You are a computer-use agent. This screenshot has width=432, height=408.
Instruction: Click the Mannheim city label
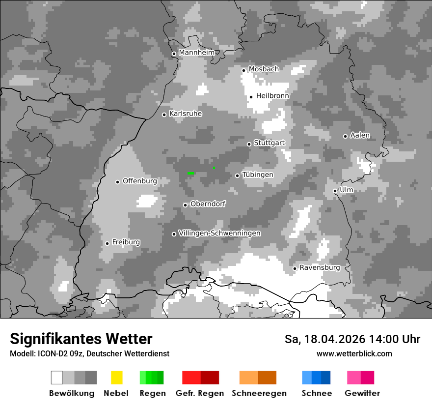click(197, 53)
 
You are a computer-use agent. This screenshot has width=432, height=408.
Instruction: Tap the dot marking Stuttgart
click(249, 144)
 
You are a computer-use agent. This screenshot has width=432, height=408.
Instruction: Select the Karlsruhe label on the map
click(186, 114)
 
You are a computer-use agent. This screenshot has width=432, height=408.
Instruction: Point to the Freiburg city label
click(126, 242)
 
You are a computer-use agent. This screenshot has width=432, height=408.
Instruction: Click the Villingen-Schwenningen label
click(219, 233)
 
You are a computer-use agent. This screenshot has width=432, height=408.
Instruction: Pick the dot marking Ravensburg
click(295, 268)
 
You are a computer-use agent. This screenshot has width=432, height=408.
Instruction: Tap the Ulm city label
click(346, 190)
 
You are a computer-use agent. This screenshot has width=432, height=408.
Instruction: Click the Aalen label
click(360, 135)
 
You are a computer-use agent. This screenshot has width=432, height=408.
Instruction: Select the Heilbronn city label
click(272, 96)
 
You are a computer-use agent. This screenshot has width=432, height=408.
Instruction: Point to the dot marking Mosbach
click(243, 70)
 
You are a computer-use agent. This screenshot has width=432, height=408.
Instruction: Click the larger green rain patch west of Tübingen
click(190, 173)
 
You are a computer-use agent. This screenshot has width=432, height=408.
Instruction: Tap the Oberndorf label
click(208, 204)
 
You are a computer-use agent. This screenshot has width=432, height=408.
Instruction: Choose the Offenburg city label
click(139, 181)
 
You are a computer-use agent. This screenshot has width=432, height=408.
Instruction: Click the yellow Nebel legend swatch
click(116, 378)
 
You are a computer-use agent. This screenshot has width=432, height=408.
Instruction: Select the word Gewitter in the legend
click(362, 393)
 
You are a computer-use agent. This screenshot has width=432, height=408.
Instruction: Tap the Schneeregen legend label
click(259, 393)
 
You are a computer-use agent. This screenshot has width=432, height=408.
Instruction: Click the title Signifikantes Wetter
click(81, 339)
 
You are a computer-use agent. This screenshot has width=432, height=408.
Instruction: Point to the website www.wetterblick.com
click(354, 353)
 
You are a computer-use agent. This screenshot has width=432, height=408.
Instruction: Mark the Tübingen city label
click(258, 175)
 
